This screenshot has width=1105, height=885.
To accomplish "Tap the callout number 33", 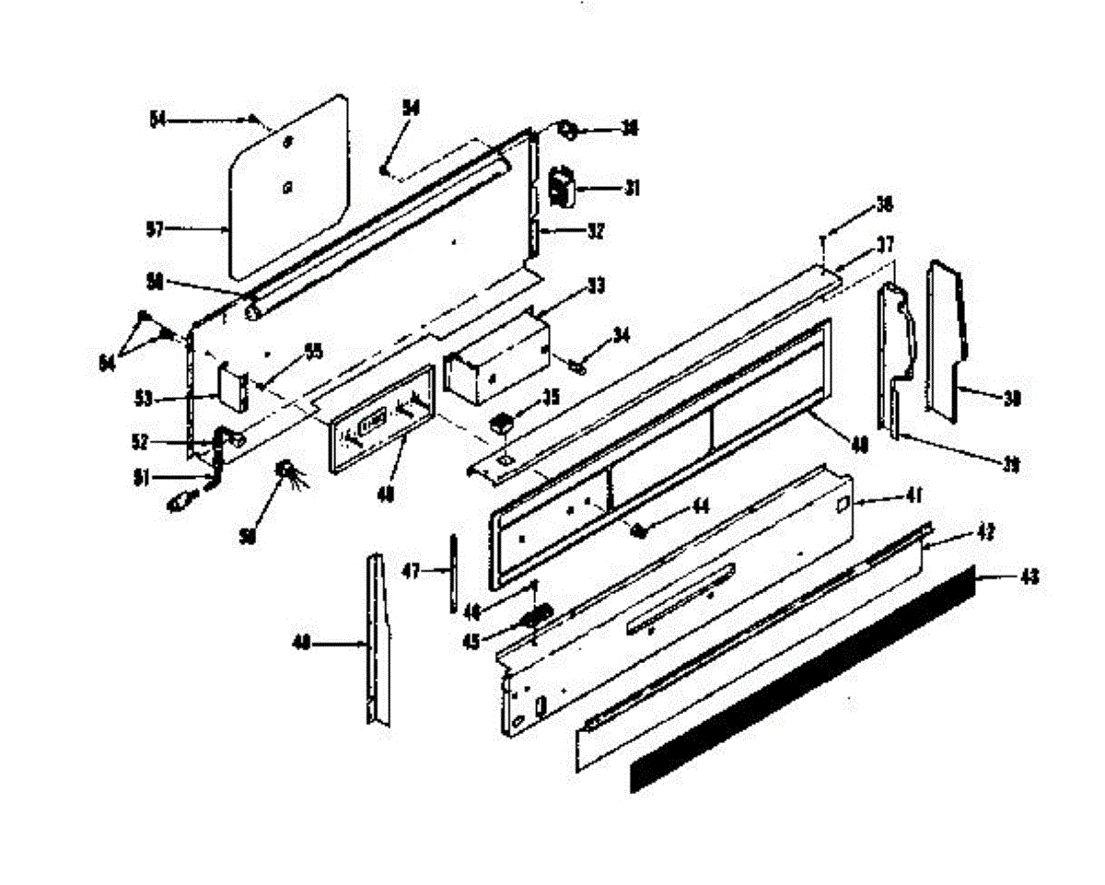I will pos(597,286).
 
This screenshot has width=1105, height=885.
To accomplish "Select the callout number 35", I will pos(552,399).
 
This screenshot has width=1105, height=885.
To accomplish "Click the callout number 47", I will pos(412,572).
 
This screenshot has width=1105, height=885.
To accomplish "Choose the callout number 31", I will pos(632,188).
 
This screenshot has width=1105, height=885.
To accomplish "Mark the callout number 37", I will pos(885,245).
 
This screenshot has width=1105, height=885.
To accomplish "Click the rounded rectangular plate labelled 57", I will pos(287,184).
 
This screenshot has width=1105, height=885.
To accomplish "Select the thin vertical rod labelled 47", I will pos(454,571).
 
